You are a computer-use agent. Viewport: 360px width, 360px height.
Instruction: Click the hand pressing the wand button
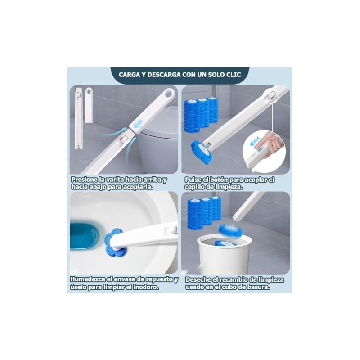273,143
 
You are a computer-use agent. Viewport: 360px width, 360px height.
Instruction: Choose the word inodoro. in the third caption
146,287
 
